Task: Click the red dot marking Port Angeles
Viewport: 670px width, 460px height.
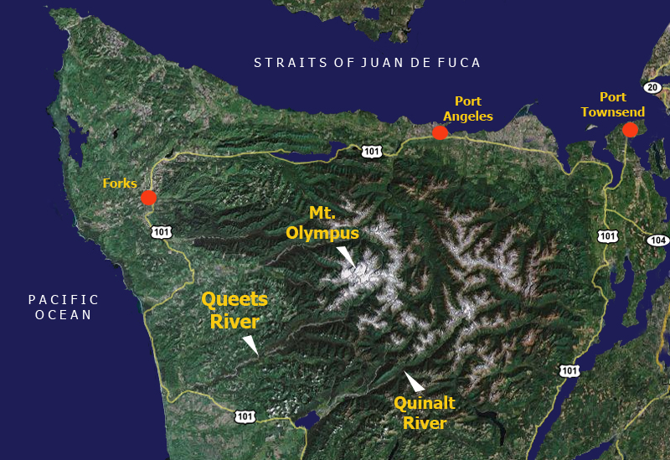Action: [x=440, y=132]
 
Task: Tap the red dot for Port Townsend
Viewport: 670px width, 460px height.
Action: [x=630, y=130]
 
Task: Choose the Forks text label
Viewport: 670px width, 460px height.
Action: [x=120, y=183]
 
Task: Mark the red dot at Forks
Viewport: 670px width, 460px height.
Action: [x=148, y=198]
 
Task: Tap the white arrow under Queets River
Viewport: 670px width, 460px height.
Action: [x=250, y=344]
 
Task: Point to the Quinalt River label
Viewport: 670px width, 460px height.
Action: [x=425, y=412]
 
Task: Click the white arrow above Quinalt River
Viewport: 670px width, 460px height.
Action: [x=413, y=381]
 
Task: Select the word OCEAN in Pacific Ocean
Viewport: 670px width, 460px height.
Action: [x=63, y=315]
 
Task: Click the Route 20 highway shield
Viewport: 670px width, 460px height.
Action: [x=652, y=87]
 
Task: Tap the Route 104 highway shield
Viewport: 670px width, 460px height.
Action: [x=657, y=240]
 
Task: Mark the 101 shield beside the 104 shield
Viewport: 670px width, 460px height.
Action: [x=608, y=235]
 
